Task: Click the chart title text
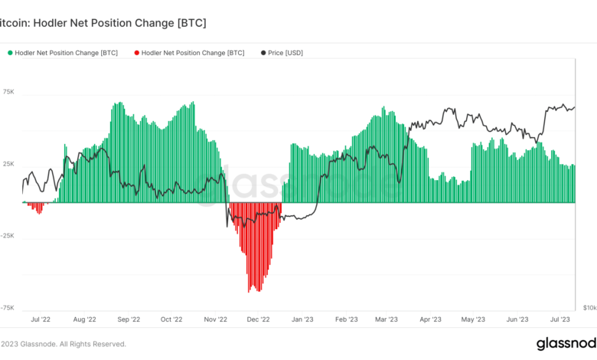(103, 23)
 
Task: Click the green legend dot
(11, 53)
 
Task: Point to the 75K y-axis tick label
(9, 92)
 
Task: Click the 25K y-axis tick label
(9, 164)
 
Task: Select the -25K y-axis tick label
(8, 236)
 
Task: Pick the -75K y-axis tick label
(8, 307)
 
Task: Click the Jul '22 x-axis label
(40, 319)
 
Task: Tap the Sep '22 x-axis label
(129, 319)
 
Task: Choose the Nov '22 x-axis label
(216, 319)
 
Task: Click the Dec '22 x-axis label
(259, 319)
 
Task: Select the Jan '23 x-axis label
(302, 319)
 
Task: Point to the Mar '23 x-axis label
(387, 319)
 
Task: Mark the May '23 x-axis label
(474, 319)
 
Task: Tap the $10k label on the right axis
(589, 307)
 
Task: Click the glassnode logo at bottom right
(566, 343)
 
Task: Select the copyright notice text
(64, 344)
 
